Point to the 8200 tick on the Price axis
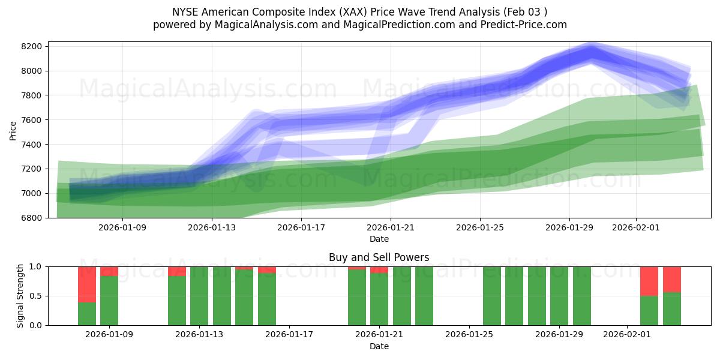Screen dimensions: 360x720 31,47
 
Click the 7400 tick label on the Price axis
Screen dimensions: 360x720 31,145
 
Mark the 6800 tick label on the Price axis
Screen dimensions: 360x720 31,218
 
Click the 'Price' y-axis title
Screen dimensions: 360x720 13,130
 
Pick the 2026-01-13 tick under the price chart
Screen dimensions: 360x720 212,228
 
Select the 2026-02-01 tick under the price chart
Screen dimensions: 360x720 635,228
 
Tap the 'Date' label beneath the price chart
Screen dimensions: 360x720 379,239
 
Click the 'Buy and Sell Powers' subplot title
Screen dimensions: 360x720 379,257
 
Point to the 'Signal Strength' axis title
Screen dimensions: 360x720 20,296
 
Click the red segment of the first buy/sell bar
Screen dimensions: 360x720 87,284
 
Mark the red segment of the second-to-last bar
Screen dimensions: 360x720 649,281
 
